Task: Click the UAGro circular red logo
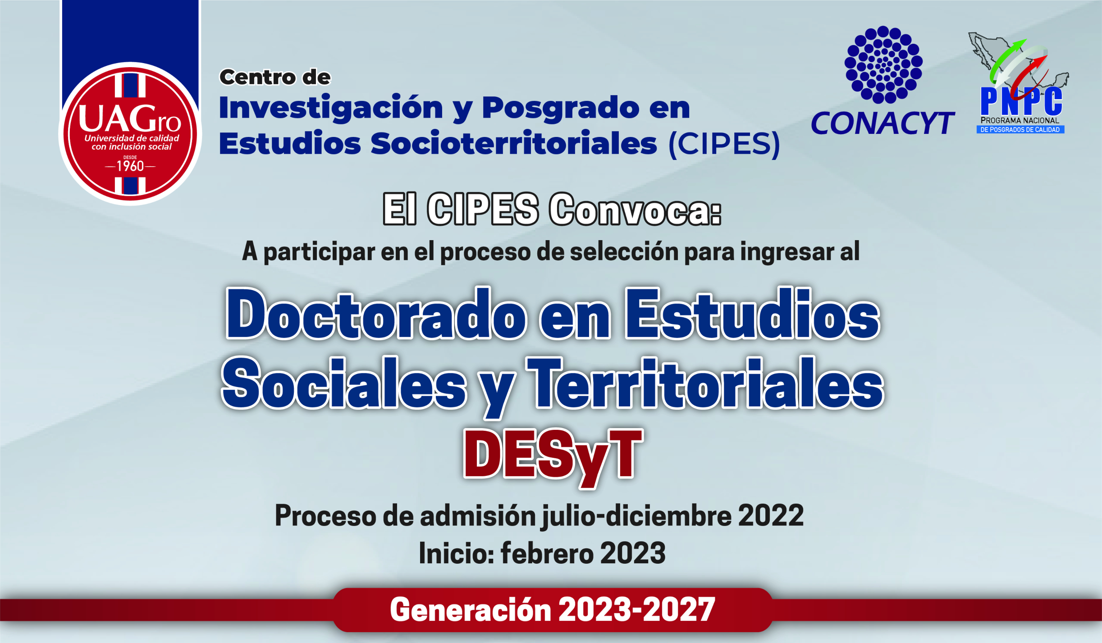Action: pos(130,133)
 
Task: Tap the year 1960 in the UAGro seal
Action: pos(130,166)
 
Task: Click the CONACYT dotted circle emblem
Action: pos(883,64)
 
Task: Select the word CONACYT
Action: pos(883,123)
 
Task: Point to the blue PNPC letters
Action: pos(1021,102)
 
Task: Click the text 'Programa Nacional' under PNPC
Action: pos(1020,121)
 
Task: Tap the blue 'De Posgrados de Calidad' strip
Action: pos(1020,130)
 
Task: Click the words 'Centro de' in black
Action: pos(275,78)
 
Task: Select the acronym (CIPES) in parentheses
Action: pos(724,144)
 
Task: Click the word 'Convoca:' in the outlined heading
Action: pos(635,210)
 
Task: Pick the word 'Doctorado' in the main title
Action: pos(375,314)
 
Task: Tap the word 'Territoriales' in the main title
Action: pos(705,383)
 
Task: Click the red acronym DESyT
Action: pos(553,455)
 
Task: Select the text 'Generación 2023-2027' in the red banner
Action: pos(552,610)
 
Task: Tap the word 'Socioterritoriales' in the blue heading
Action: pos(514,144)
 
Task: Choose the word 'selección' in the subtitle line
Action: pos(624,251)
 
